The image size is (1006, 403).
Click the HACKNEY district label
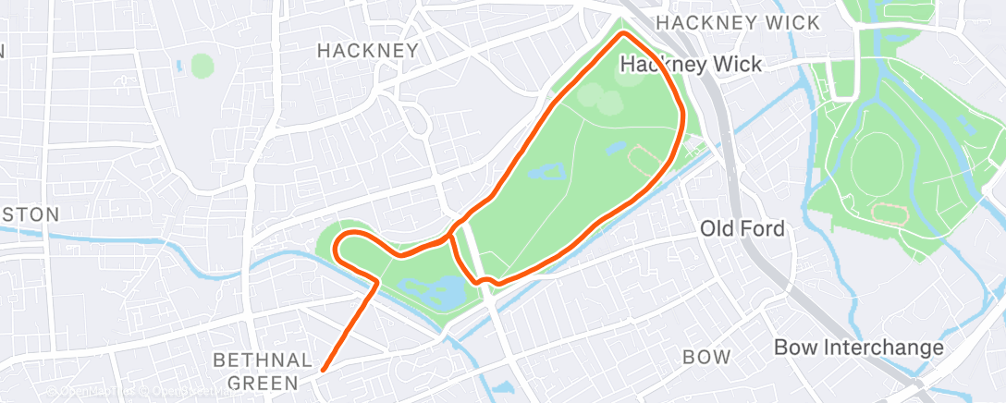[x=367, y=51]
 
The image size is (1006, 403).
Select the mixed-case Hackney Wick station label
[x=691, y=65]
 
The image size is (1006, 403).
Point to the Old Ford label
[x=742, y=228]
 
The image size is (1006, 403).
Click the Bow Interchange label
[x=858, y=348]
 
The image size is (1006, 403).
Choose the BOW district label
[x=705, y=357]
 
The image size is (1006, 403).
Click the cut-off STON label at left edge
[x=30, y=214]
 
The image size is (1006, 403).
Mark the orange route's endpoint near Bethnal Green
[x=322, y=371]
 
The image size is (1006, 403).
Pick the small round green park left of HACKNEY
[x=202, y=66]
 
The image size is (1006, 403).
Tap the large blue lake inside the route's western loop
[x=438, y=293]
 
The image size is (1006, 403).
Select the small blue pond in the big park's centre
[x=546, y=172]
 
